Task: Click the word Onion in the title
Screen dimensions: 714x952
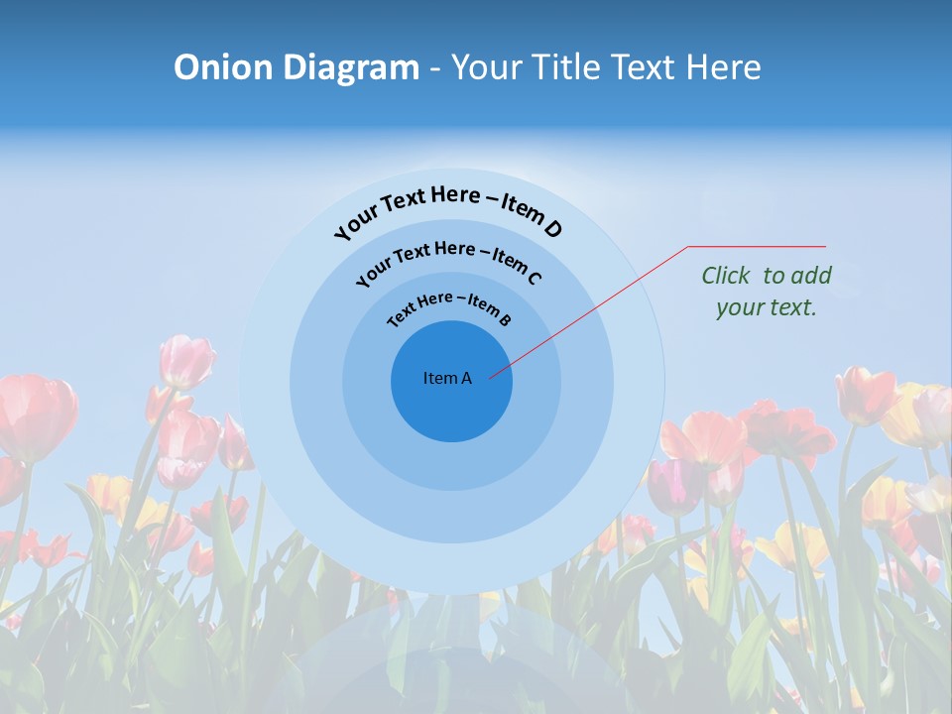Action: [225, 67]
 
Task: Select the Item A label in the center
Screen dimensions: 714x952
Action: [447, 378]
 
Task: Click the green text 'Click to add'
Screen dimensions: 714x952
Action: [767, 276]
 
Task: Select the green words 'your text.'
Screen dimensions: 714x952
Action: [767, 307]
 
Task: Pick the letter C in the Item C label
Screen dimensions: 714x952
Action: [533, 278]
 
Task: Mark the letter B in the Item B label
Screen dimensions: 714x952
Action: [505, 319]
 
